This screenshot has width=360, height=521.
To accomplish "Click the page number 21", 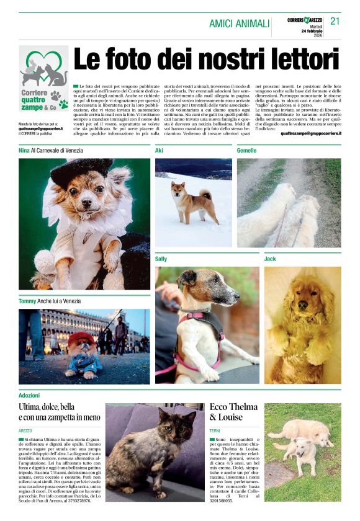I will (x=335, y=21).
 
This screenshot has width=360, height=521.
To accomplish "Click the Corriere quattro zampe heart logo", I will (x=43, y=69).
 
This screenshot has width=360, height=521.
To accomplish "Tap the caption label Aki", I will (x=159, y=150).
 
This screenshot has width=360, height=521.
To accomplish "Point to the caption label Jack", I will (x=270, y=258).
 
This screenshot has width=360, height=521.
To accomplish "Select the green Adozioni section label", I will (x=29, y=394).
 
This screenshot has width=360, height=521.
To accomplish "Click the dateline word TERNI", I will (x=215, y=430).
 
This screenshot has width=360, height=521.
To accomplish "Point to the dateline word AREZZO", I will (x=25, y=430).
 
